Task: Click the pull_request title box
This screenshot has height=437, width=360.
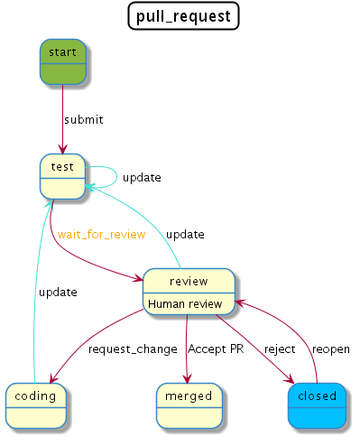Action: [x=183, y=15]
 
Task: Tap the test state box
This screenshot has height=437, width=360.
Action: [x=62, y=177]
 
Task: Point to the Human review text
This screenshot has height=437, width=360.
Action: [x=185, y=304]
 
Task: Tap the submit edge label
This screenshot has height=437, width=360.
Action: [x=83, y=119]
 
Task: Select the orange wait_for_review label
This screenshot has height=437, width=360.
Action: [x=101, y=235]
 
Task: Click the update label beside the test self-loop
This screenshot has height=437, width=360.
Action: [x=142, y=177]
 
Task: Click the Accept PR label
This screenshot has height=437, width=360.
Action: [x=216, y=349]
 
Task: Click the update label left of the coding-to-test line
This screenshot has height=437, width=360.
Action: [x=57, y=292]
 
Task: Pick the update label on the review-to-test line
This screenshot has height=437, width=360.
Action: [x=184, y=235]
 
